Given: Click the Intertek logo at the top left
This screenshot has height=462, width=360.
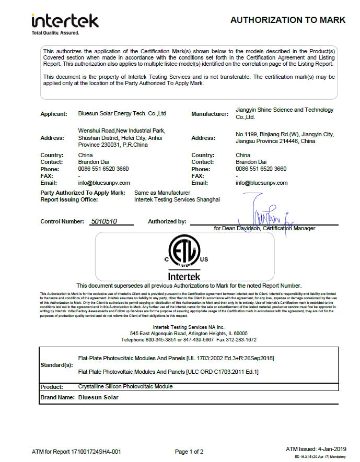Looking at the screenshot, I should tap(65, 23).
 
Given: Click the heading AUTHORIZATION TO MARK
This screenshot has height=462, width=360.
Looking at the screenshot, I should tap(288, 20).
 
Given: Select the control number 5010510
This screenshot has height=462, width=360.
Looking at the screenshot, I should tap(103, 221).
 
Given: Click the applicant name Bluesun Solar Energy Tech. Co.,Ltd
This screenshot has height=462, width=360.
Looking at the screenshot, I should tap(122, 113).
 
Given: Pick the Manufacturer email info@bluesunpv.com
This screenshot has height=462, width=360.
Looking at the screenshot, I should tap(262, 183).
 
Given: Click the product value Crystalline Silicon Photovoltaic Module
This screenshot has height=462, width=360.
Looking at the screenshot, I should tap(125, 386).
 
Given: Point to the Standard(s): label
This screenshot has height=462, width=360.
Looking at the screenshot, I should tap(57, 364).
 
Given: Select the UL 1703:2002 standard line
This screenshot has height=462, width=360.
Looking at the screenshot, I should tap(176, 358).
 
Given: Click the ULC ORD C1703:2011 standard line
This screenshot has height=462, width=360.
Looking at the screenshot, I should tap(168, 372).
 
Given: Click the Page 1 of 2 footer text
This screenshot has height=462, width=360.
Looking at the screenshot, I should tap(189, 452).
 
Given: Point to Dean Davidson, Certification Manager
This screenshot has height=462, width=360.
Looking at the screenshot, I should tap(265, 229).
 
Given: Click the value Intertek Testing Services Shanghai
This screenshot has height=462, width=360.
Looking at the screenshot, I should tap(177, 199).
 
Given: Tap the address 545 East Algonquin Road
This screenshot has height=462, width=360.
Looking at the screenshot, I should tap(189, 333).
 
